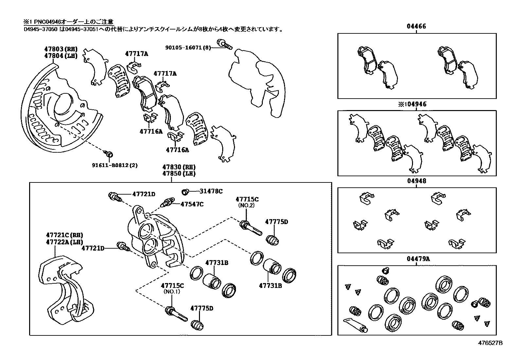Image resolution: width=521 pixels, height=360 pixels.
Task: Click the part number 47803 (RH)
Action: pyautogui.click(x=61, y=49)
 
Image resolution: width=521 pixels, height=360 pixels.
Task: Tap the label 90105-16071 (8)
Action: pyautogui.click(x=188, y=48)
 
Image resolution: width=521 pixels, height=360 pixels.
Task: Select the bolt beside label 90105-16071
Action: pyautogui.click(x=224, y=44)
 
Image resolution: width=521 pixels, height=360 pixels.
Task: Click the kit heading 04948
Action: pyautogui.click(x=417, y=181)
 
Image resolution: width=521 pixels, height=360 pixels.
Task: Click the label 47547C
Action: pyautogui.click(x=192, y=204)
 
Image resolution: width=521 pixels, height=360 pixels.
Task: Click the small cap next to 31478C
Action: pyautogui.click(x=185, y=191)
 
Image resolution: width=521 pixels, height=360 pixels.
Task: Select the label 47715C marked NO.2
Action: pyautogui.click(x=247, y=199)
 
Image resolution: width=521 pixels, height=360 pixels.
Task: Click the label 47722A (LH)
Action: pyautogui.click(x=64, y=241)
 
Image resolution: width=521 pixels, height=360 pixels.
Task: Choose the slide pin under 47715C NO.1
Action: pyautogui.click(x=176, y=313)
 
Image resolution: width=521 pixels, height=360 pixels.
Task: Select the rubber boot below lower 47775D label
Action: pyautogui.click(x=197, y=324)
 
